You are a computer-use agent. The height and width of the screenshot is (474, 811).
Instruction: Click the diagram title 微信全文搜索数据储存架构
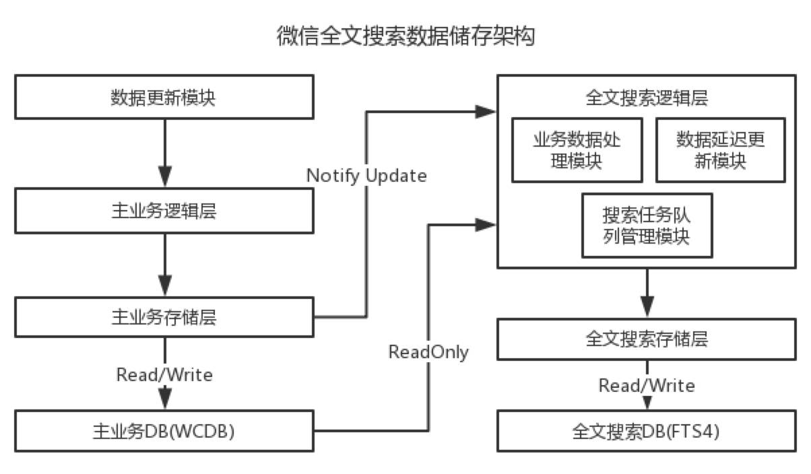(x=406, y=36)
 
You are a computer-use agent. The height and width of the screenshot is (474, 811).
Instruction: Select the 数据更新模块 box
(x=164, y=97)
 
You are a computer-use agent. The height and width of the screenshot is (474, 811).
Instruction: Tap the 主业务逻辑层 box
(x=164, y=211)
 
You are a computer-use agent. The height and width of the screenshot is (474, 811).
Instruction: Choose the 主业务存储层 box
(x=164, y=317)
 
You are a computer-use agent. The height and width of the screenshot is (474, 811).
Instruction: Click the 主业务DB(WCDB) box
(x=164, y=431)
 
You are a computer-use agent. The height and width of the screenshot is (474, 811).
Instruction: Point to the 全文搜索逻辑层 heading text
(x=647, y=98)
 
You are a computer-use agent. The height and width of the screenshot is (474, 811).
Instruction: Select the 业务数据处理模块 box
(x=577, y=150)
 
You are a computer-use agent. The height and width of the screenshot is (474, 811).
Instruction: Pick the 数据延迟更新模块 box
(x=721, y=150)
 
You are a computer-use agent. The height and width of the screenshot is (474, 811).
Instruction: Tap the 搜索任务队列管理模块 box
(x=647, y=226)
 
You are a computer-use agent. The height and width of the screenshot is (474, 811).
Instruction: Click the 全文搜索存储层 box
(x=647, y=339)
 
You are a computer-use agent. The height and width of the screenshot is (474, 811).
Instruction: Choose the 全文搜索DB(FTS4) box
(x=647, y=431)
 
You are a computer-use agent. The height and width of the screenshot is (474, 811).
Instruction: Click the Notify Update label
(x=366, y=176)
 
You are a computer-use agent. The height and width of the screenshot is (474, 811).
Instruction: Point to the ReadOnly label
(x=428, y=351)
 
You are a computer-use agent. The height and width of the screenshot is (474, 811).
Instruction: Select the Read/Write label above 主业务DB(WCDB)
(x=164, y=374)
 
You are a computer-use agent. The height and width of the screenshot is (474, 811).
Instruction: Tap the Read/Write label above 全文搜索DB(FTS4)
(x=647, y=385)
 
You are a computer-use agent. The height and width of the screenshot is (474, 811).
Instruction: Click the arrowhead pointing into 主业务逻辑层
(x=165, y=176)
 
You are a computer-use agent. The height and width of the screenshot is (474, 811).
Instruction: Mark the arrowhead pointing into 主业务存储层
(x=165, y=285)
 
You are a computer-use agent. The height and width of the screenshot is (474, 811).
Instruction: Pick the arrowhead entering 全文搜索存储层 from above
(x=647, y=307)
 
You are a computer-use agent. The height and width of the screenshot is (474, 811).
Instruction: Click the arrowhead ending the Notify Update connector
(x=485, y=112)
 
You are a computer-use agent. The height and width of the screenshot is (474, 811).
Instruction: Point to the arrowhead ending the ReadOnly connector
(x=485, y=225)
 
